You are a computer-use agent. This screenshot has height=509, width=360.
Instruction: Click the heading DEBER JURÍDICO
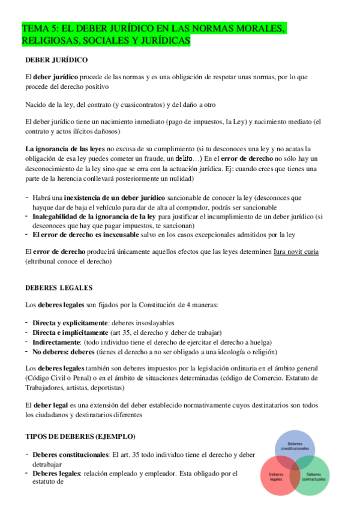[56, 60]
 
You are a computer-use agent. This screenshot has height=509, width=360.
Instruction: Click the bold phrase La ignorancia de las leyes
[65, 149]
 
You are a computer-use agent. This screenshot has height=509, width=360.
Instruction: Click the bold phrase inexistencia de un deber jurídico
[110, 197]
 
